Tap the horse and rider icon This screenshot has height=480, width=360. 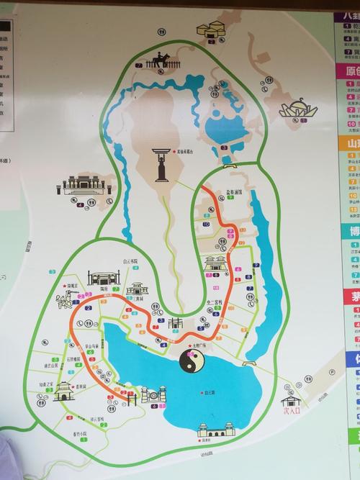coord(156,62)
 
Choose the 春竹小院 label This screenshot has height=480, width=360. coord(79,433)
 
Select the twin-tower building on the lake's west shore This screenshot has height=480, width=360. coord(153,395)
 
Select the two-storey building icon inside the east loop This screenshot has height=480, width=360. coord(215,263)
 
